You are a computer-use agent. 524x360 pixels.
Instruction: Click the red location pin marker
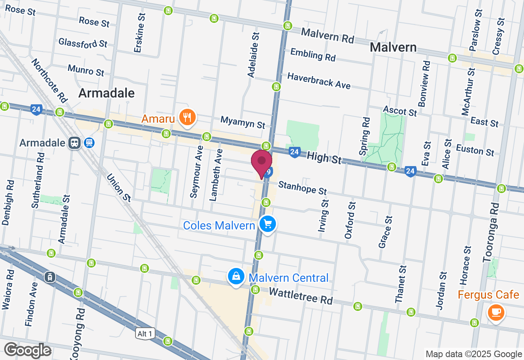pos(262,163)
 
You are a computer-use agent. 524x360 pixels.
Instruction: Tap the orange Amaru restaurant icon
pos(187,118)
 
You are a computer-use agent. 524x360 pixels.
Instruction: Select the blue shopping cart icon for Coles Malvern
pos(268,224)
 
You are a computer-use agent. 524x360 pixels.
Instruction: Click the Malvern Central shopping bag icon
pos(236,277)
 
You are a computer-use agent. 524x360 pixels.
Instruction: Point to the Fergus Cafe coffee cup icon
pos(496,312)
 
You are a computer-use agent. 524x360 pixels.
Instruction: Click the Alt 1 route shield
pos(145,334)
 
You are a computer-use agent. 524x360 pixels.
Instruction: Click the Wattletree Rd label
pos(300,295)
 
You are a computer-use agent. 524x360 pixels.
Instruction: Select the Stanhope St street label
pos(303,188)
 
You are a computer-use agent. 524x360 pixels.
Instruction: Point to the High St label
pos(324,156)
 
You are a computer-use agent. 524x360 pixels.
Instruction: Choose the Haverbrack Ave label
pos(319,81)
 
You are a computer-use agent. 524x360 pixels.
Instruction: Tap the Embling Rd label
pos(313,54)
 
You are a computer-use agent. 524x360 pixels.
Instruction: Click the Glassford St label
pos(83,43)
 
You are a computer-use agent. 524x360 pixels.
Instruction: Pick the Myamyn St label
pos(243,122)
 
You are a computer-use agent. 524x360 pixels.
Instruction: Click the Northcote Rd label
pos(49,81)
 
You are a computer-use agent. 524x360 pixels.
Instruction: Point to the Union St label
pos(118,187)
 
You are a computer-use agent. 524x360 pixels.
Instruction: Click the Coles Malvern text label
pos(219,225)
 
